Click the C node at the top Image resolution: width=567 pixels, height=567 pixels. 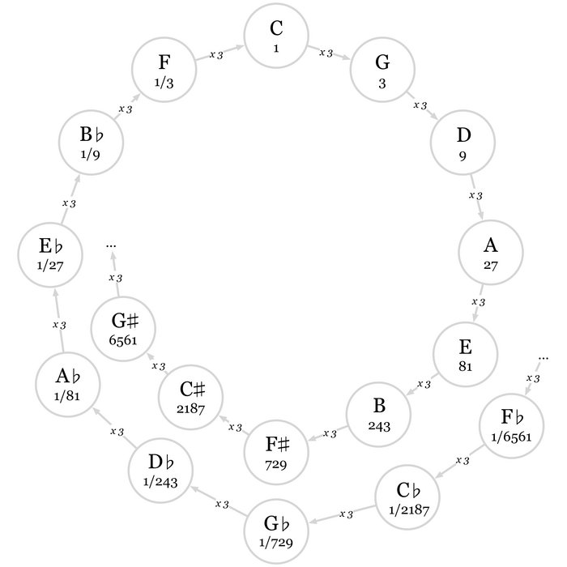tap(276, 36)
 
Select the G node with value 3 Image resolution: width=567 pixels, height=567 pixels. tap(382, 69)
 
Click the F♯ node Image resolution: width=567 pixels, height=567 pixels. tap(276, 452)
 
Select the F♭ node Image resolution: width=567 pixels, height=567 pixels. tap(511, 424)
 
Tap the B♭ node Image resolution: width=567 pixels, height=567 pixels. tap(90, 143)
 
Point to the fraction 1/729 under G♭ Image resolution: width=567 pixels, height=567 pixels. tap(276, 539)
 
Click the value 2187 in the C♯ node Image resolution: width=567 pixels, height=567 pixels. tap(192, 408)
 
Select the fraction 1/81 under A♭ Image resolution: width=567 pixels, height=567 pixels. tap(67, 395)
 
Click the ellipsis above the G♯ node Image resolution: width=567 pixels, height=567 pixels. tap(112, 243)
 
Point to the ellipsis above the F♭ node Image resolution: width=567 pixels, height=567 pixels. tap(544, 356)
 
